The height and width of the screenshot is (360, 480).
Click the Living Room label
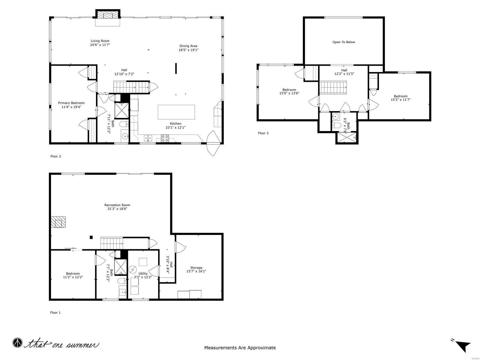(x=100, y=41)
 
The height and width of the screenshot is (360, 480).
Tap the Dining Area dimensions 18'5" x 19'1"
(x=188, y=50)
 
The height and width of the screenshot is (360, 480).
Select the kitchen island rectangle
(x=176, y=112)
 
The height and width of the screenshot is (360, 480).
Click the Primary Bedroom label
(x=71, y=103)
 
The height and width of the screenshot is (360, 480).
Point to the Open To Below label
(x=343, y=42)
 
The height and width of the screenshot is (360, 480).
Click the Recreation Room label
(x=117, y=205)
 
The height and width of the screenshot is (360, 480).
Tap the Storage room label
(x=196, y=268)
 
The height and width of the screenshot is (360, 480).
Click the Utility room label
(x=143, y=274)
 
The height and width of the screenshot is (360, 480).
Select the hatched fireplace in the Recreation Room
(x=58, y=222)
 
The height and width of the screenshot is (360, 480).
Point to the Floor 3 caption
(x=263, y=133)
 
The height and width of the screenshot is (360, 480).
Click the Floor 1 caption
(x=55, y=313)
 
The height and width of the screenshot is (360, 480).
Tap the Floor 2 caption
(x=55, y=156)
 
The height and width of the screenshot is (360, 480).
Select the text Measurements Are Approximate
(x=240, y=348)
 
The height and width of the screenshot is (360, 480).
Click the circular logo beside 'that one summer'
(x=17, y=343)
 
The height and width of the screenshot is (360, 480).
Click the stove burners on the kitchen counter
(x=165, y=138)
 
